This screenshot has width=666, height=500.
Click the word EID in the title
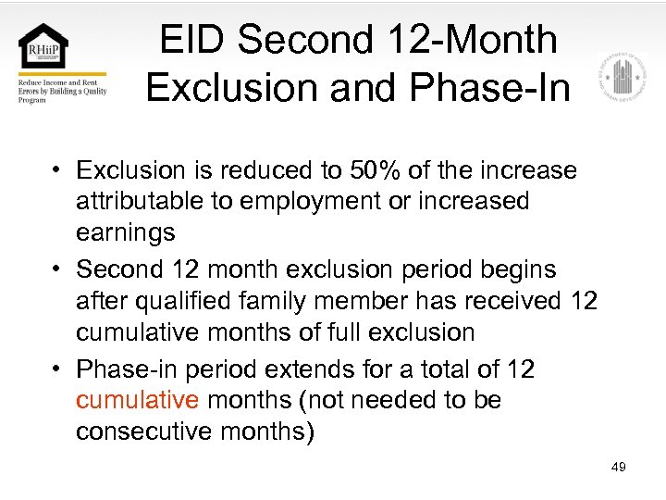(x=191, y=41)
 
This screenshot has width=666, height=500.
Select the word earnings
(x=125, y=231)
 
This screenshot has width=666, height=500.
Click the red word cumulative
(x=137, y=400)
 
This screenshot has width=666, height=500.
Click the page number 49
(x=619, y=467)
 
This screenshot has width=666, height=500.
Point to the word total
(x=439, y=369)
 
